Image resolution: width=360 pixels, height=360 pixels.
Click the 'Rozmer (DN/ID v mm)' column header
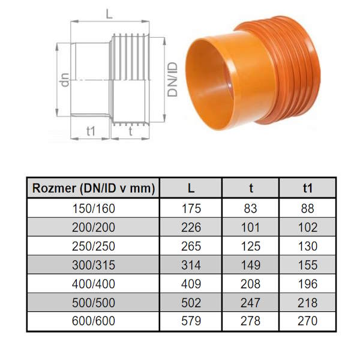coord(94,188)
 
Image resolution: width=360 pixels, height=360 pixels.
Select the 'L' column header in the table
coord(191,188)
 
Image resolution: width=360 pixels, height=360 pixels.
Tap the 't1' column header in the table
coord(308,188)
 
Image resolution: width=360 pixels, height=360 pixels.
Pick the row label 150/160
coord(94,209)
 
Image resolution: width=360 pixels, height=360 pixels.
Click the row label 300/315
coord(94,265)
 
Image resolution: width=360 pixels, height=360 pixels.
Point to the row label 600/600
coord(94,321)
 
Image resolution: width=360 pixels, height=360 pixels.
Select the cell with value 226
coord(191,227)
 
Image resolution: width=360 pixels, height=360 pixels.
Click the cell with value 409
coord(191,284)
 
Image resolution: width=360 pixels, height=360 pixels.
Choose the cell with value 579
coord(191,321)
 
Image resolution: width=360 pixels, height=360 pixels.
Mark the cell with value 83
coord(250,209)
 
